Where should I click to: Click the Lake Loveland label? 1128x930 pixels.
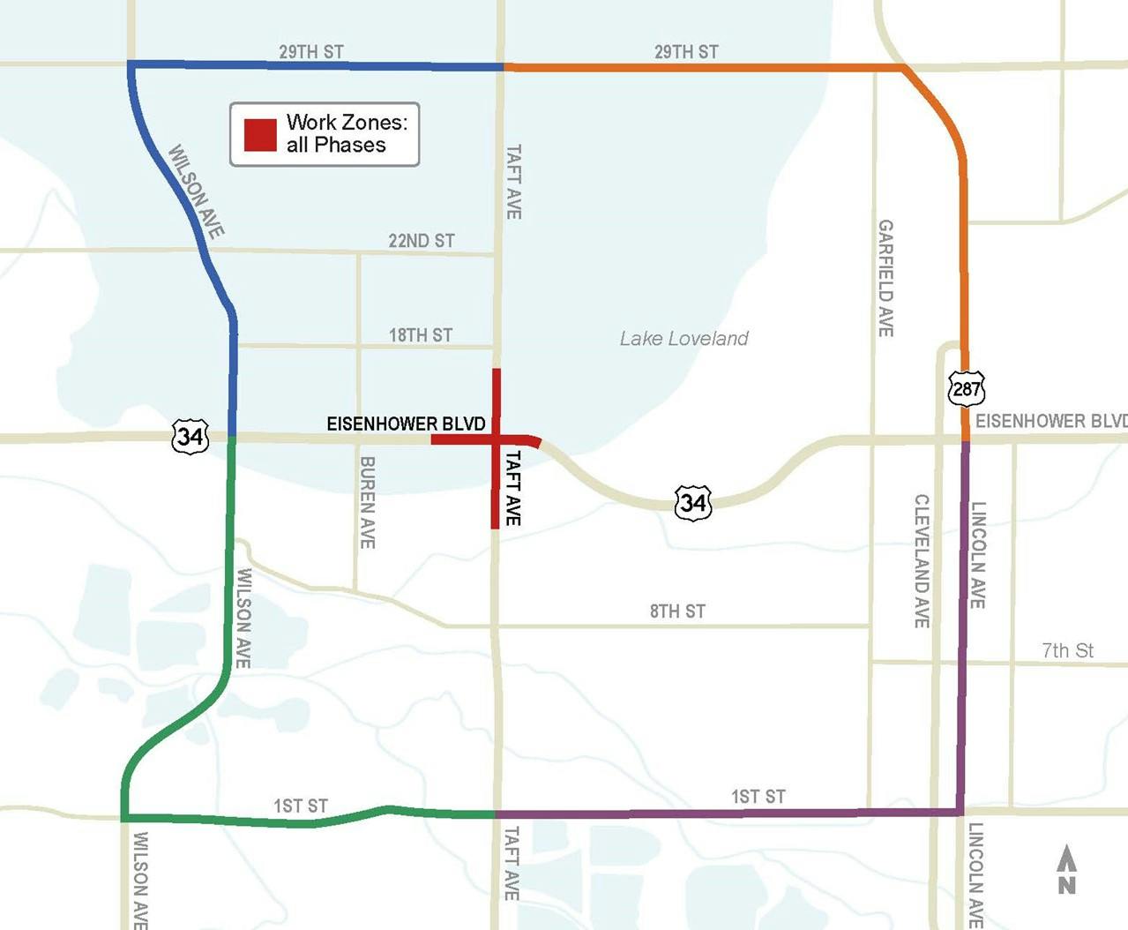(684, 339)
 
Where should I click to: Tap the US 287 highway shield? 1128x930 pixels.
(967, 388)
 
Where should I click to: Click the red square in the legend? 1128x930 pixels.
(260, 135)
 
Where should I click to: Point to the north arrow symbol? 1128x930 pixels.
(1067, 870)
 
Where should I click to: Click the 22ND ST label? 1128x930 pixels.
(422, 241)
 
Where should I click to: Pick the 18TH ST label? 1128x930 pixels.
(421, 335)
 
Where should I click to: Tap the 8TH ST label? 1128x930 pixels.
(677, 611)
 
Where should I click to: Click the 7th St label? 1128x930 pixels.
(1067, 651)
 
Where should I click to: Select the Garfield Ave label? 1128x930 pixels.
(885, 278)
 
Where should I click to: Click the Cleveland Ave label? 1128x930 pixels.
(922, 561)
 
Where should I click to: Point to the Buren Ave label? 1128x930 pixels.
(368, 502)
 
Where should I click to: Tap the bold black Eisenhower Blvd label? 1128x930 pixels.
(406, 424)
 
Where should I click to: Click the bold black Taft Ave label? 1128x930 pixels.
(512, 488)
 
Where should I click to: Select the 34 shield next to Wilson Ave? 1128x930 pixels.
(190, 436)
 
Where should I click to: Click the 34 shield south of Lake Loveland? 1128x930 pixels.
(693, 503)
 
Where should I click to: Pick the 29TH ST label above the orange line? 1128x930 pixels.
(686, 52)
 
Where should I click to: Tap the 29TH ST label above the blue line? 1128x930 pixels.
(311, 52)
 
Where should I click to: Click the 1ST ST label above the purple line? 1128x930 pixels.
(758, 798)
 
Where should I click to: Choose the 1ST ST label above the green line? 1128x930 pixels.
(300, 806)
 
